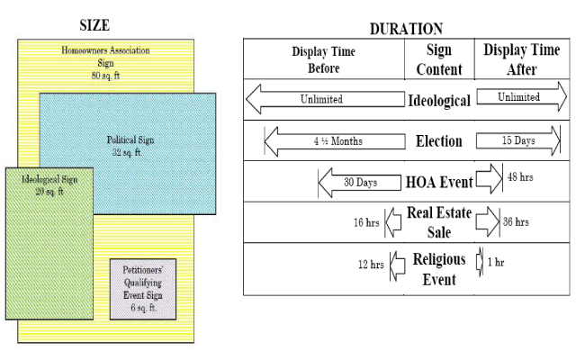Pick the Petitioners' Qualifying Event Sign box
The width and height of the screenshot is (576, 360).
click(x=142, y=289)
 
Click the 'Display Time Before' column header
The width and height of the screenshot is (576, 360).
click(x=323, y=58)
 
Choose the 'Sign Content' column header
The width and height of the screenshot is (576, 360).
click(x=438, y=58)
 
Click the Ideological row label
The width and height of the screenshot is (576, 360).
click(x=438, y=100)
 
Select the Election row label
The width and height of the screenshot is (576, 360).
click(x=438, y=141)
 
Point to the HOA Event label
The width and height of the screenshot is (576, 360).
click(x=438, y=183)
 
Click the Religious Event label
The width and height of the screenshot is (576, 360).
click(x=438, y=267)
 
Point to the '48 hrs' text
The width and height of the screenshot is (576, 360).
click(x=520, y=177)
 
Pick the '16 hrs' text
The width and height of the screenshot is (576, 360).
click(x=364, y=220)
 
